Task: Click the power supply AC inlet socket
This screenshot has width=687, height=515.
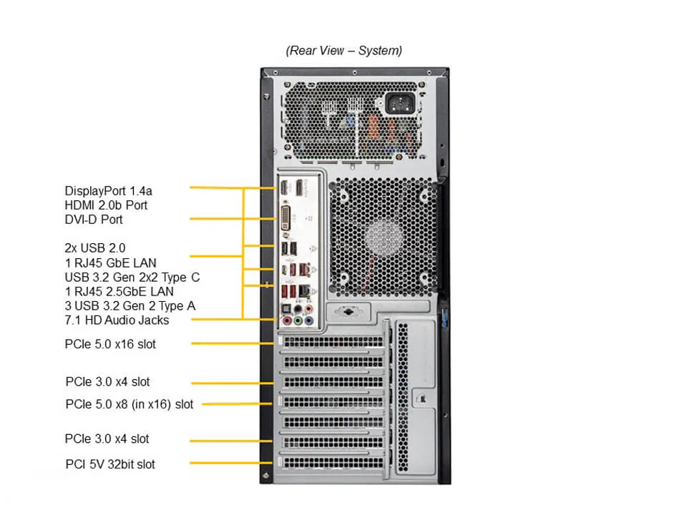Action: (x=400, y=104)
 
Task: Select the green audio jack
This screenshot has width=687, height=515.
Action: (x=298, y=321)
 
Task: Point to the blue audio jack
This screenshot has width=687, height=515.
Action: (x=308, y=321)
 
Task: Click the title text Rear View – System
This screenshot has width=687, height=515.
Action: (x=343, y=50)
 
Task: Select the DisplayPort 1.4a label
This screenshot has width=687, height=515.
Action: (x=109, y=190)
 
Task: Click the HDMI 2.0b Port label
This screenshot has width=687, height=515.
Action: (x=106, y=205)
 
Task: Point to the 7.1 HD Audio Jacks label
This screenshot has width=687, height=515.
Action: (x=117, y=320)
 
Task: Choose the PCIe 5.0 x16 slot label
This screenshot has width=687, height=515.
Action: (x=110, y=344)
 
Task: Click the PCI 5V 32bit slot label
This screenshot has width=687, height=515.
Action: (x=109, y=464)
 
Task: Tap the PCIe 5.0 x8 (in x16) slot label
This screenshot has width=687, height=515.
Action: (x=129, y=404)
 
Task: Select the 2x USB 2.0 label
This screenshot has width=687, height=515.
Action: (x=95, y=247)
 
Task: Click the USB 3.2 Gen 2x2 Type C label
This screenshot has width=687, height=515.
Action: (x=137, y=277)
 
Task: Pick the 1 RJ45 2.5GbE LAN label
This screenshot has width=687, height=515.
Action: (x=119, y=291)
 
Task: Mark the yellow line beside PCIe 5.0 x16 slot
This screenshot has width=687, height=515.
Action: (x=233, y=344)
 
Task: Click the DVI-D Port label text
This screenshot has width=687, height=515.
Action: (x=93, y=219)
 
